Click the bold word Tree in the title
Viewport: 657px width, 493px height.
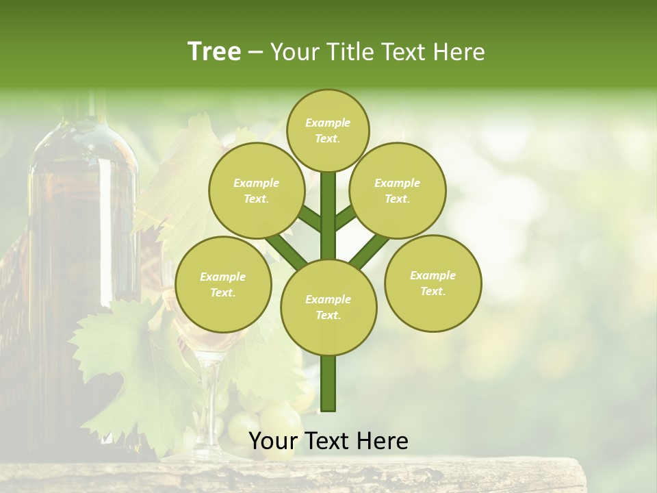214,52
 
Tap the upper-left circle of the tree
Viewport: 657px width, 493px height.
257,190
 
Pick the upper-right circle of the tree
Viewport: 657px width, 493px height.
398,190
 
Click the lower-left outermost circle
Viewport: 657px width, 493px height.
223,284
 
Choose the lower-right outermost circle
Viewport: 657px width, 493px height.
433,283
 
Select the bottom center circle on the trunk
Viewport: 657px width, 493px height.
328,307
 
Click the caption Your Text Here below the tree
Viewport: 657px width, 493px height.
328,441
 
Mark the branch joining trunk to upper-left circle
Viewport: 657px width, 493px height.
309,219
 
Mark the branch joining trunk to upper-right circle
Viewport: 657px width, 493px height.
346,218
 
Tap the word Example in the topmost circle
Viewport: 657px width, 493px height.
328,123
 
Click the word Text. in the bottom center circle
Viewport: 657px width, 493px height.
328,315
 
